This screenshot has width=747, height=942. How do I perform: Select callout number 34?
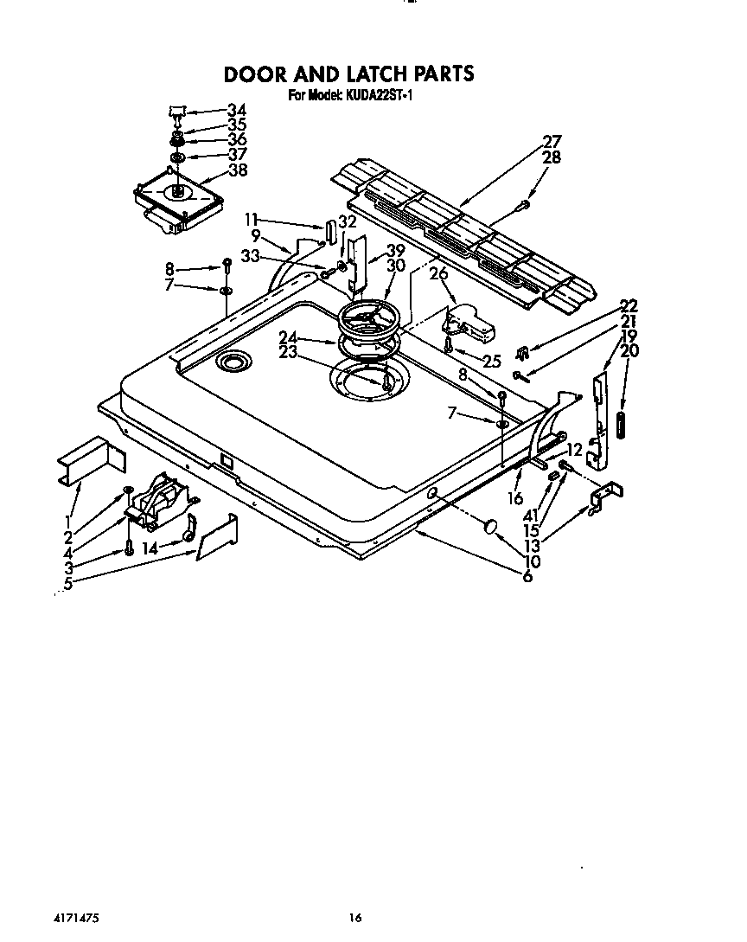236,110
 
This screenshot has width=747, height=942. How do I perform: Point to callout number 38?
236,170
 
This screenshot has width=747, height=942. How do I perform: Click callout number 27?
552,142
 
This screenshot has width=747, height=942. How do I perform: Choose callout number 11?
251,220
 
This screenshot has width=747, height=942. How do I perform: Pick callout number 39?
395,250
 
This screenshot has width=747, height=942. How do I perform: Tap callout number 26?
439,274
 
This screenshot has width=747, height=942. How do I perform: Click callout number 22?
629,305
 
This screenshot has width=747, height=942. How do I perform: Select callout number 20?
629,350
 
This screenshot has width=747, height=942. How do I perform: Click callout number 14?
150,548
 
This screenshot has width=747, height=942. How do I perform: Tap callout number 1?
67,521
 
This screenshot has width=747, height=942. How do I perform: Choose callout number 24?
288,337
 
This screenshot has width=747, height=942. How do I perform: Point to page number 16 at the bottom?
354,918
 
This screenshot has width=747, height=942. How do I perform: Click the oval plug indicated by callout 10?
490,528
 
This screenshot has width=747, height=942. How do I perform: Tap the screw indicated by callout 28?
525,205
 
